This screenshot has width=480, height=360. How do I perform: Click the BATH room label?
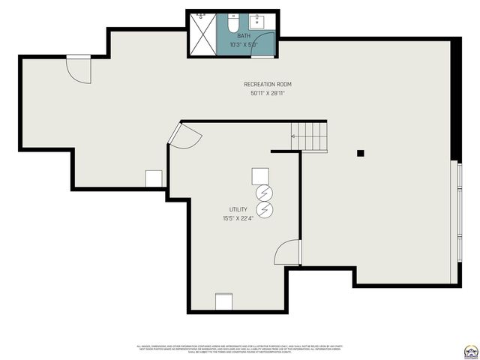coord(244,35)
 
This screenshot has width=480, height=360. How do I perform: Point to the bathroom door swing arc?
coord(264,44)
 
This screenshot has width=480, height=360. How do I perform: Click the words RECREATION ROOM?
coord(267,84)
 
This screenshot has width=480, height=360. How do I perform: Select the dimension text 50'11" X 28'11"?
coord(267,94)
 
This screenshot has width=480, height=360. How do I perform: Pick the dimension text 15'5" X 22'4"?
coord(238,219)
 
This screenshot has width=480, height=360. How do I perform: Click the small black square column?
coord(360,153)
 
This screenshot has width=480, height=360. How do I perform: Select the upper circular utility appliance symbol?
coord(264,193)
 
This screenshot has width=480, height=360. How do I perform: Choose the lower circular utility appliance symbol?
coord(264,208)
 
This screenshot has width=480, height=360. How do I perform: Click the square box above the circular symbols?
coord(261,176)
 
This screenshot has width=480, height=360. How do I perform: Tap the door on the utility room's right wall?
coord(289,253)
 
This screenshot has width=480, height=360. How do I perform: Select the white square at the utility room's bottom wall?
coord(224,301)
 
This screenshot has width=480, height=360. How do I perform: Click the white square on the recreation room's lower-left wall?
coord(154,178)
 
